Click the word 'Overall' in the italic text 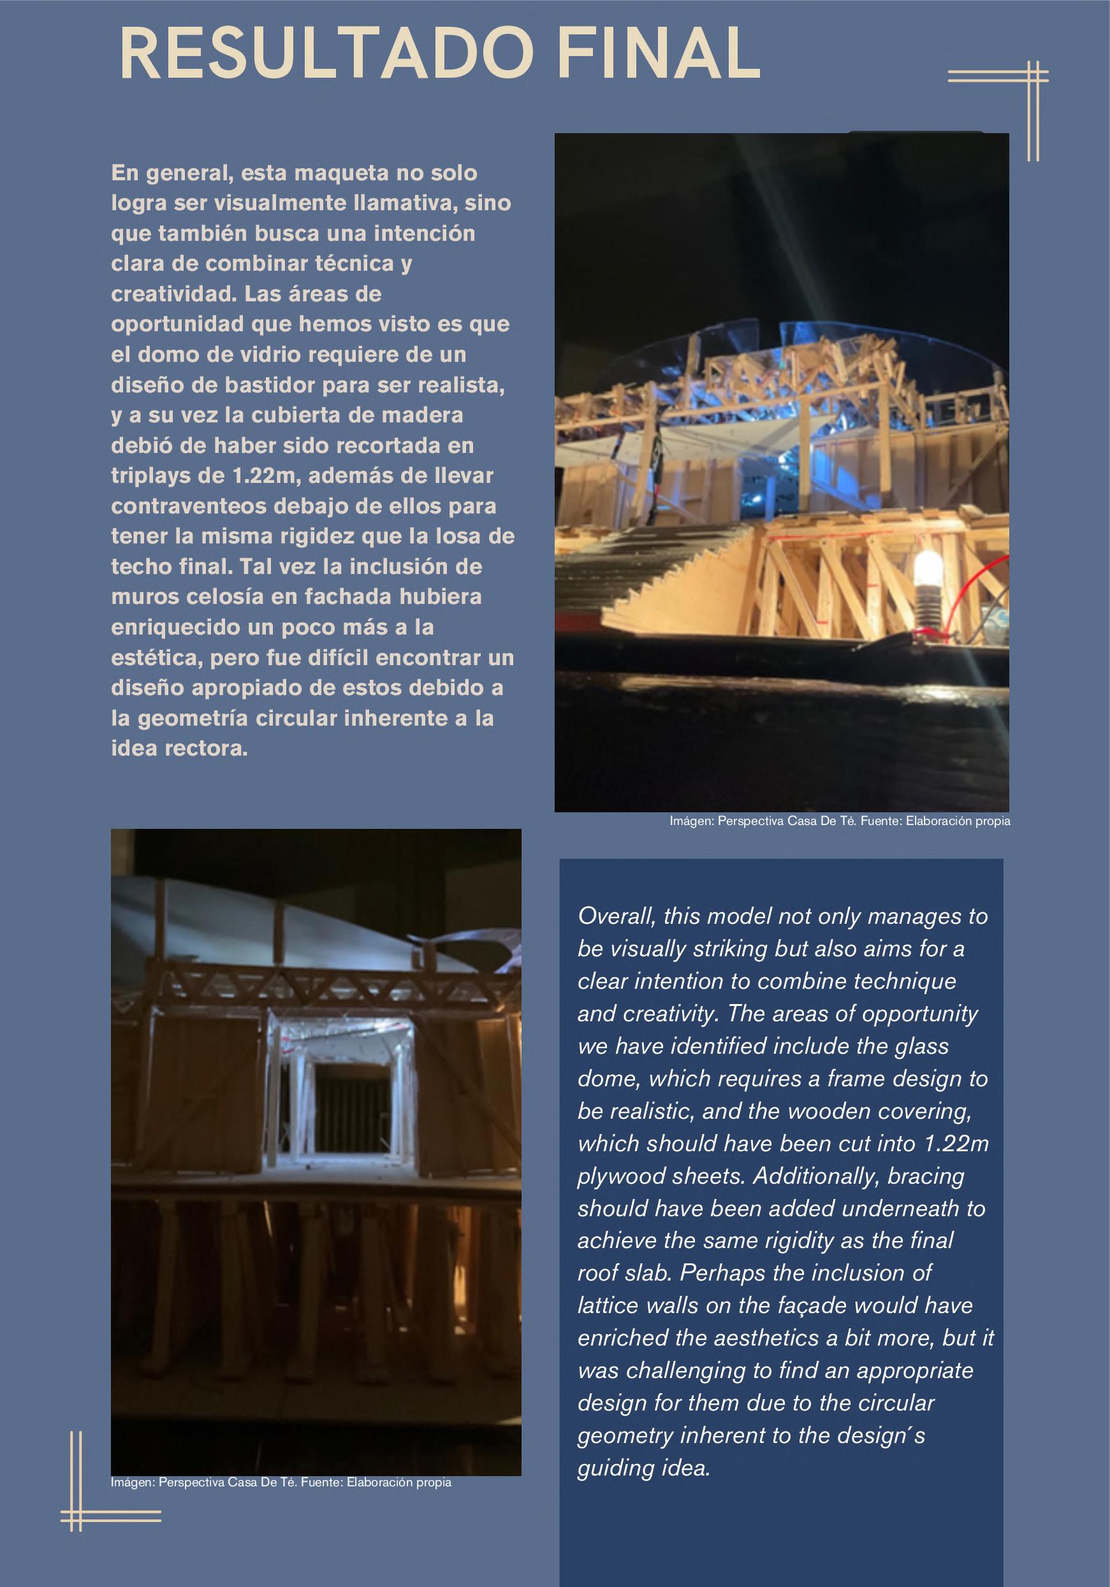[615, 916]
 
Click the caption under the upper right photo [840, 821]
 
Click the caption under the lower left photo [281, 1482]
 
